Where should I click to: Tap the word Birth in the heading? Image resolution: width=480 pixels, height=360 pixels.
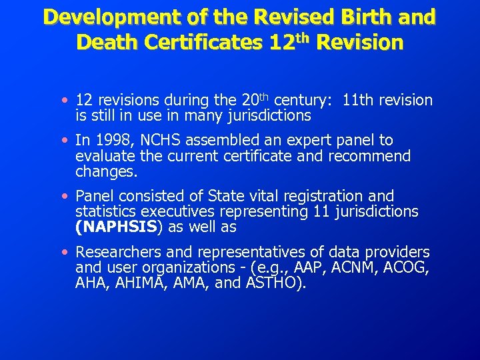tap(361, 17)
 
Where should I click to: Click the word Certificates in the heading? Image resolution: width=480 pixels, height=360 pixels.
tap(204, 43)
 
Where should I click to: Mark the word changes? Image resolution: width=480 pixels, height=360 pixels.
tap(105, 171)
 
